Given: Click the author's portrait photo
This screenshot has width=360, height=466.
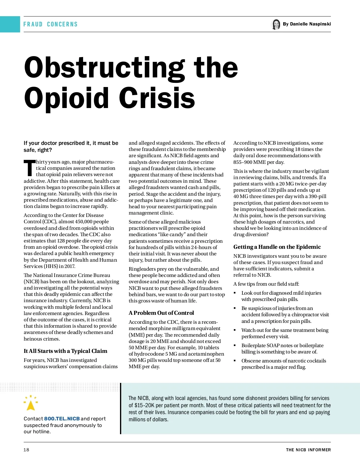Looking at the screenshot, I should [x=275, y=24].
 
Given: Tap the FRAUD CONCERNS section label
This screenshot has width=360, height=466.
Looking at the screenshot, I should [x=50, y=24].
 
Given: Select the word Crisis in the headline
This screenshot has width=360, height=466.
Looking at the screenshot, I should [x=157, y=98].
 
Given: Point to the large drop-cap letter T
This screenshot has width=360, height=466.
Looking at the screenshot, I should [x=29, y=168].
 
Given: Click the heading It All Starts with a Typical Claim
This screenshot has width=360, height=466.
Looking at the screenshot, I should [x=65, y=351].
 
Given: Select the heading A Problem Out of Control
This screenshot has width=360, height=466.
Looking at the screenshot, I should [x=161, y=313].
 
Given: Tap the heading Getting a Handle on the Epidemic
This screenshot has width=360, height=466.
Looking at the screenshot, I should [x=277, y=247].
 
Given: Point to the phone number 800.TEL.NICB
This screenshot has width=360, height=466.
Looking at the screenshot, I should [x=62, y=419].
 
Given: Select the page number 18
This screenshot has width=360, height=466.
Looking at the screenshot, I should [x=26, y=450].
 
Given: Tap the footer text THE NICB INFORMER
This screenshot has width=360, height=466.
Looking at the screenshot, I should [x=308, y=450].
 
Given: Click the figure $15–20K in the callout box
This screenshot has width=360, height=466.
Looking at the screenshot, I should [x=144, y=405].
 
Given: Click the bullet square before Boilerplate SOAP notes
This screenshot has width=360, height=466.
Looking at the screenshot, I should [x=235, y=346].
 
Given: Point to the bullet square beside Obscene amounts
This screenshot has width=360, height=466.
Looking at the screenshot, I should [x=235, y=361].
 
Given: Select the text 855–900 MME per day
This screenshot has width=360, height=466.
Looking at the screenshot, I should [x=259, y=162].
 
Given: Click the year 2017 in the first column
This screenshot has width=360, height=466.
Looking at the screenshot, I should [x=69, y=266].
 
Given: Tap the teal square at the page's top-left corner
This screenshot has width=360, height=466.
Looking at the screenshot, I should [x=10, y=24].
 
